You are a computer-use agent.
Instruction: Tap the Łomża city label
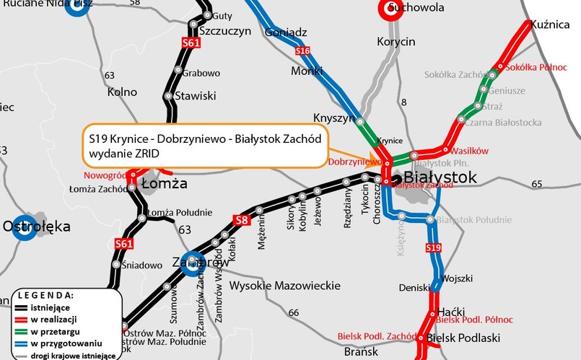click(x=164, y=183)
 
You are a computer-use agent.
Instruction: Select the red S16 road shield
click(x=303, y=51)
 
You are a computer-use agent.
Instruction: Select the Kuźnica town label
click(x=550, y=25)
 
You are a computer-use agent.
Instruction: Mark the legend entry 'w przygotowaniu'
click(x=62, y=343)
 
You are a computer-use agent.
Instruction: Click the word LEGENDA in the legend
click(x=45, y=296)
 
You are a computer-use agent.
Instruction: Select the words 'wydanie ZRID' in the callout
click(x=123, y=154)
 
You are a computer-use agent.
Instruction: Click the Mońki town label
click(x=307, y=71)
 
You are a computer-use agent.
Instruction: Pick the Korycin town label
click(x=396, y=42)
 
